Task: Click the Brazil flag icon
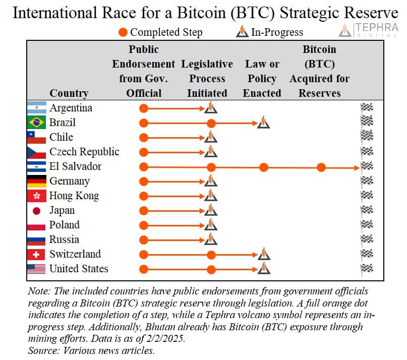pyautogui.click(x=36, y=123)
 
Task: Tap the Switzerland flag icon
pyautogui.click(x=36, y=255)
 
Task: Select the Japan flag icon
pyautogui.click(x=36, y=211)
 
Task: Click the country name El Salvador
pyautogui.click(x=75, y=166)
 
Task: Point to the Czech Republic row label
pyautogui.click(x=84, y=152)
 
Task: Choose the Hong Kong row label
pyautogui.click(x=74, y=196)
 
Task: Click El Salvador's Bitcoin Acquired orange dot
pyautogui.click(x=321, y=167)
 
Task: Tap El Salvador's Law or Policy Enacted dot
pyautogui.click(x=263, y=167)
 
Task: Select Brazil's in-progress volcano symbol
pyautogui.click(x=263, y=122)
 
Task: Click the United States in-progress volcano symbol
pyautogui.click(x=263, y=268)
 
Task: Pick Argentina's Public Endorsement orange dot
pyautogui.click(x=144, y=108)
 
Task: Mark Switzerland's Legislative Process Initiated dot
pyautogui.click(x=211, y=255)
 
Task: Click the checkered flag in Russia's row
pyautogui.click(x=367, y=239)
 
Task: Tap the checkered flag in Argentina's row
pyautogui.click(x=367, y=108)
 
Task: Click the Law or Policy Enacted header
pyautogui.click(x=262, y=79)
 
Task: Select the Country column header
pyautogui.click(x=69, y=93)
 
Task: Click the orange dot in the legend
pyautogui.click(x=123, y=32)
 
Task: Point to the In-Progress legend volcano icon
pyautogui.click(x=243, y=32)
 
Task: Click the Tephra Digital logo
pyautogui.click(x=368, y=30)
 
